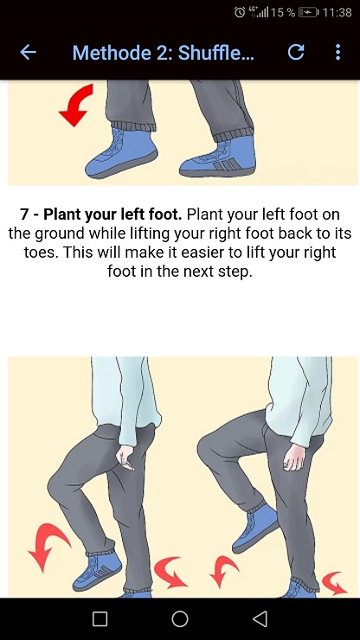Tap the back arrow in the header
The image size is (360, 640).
click(x=29, y=52)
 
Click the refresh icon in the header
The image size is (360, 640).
click(x=296, y=52)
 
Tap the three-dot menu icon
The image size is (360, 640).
click(x=338, y=52)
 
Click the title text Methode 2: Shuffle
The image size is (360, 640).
click(x=163, y=53)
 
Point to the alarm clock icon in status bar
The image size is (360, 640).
click(x=240, y=12)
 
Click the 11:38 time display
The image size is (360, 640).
click(x=337, y=13)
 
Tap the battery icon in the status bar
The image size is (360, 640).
click(x=309, y=13)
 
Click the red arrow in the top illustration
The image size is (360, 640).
click(x=77, y=105)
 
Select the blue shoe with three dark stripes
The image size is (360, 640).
click(x=218, y=157)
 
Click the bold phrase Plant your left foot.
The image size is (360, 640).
click(x=112, y=214)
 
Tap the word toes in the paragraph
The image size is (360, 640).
click(x=41, y=253)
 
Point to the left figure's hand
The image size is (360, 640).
click(x=125, y=458)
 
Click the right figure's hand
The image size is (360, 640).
click(x=294, y=457)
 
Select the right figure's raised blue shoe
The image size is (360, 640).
click(x=255, y=528)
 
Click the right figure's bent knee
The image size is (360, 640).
click(x=208, y=448)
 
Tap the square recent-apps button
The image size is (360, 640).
click(x=100, y=618)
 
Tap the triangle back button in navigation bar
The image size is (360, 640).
click(x=260, y=618)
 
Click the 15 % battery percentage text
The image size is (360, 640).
click(x=282, y=13)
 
